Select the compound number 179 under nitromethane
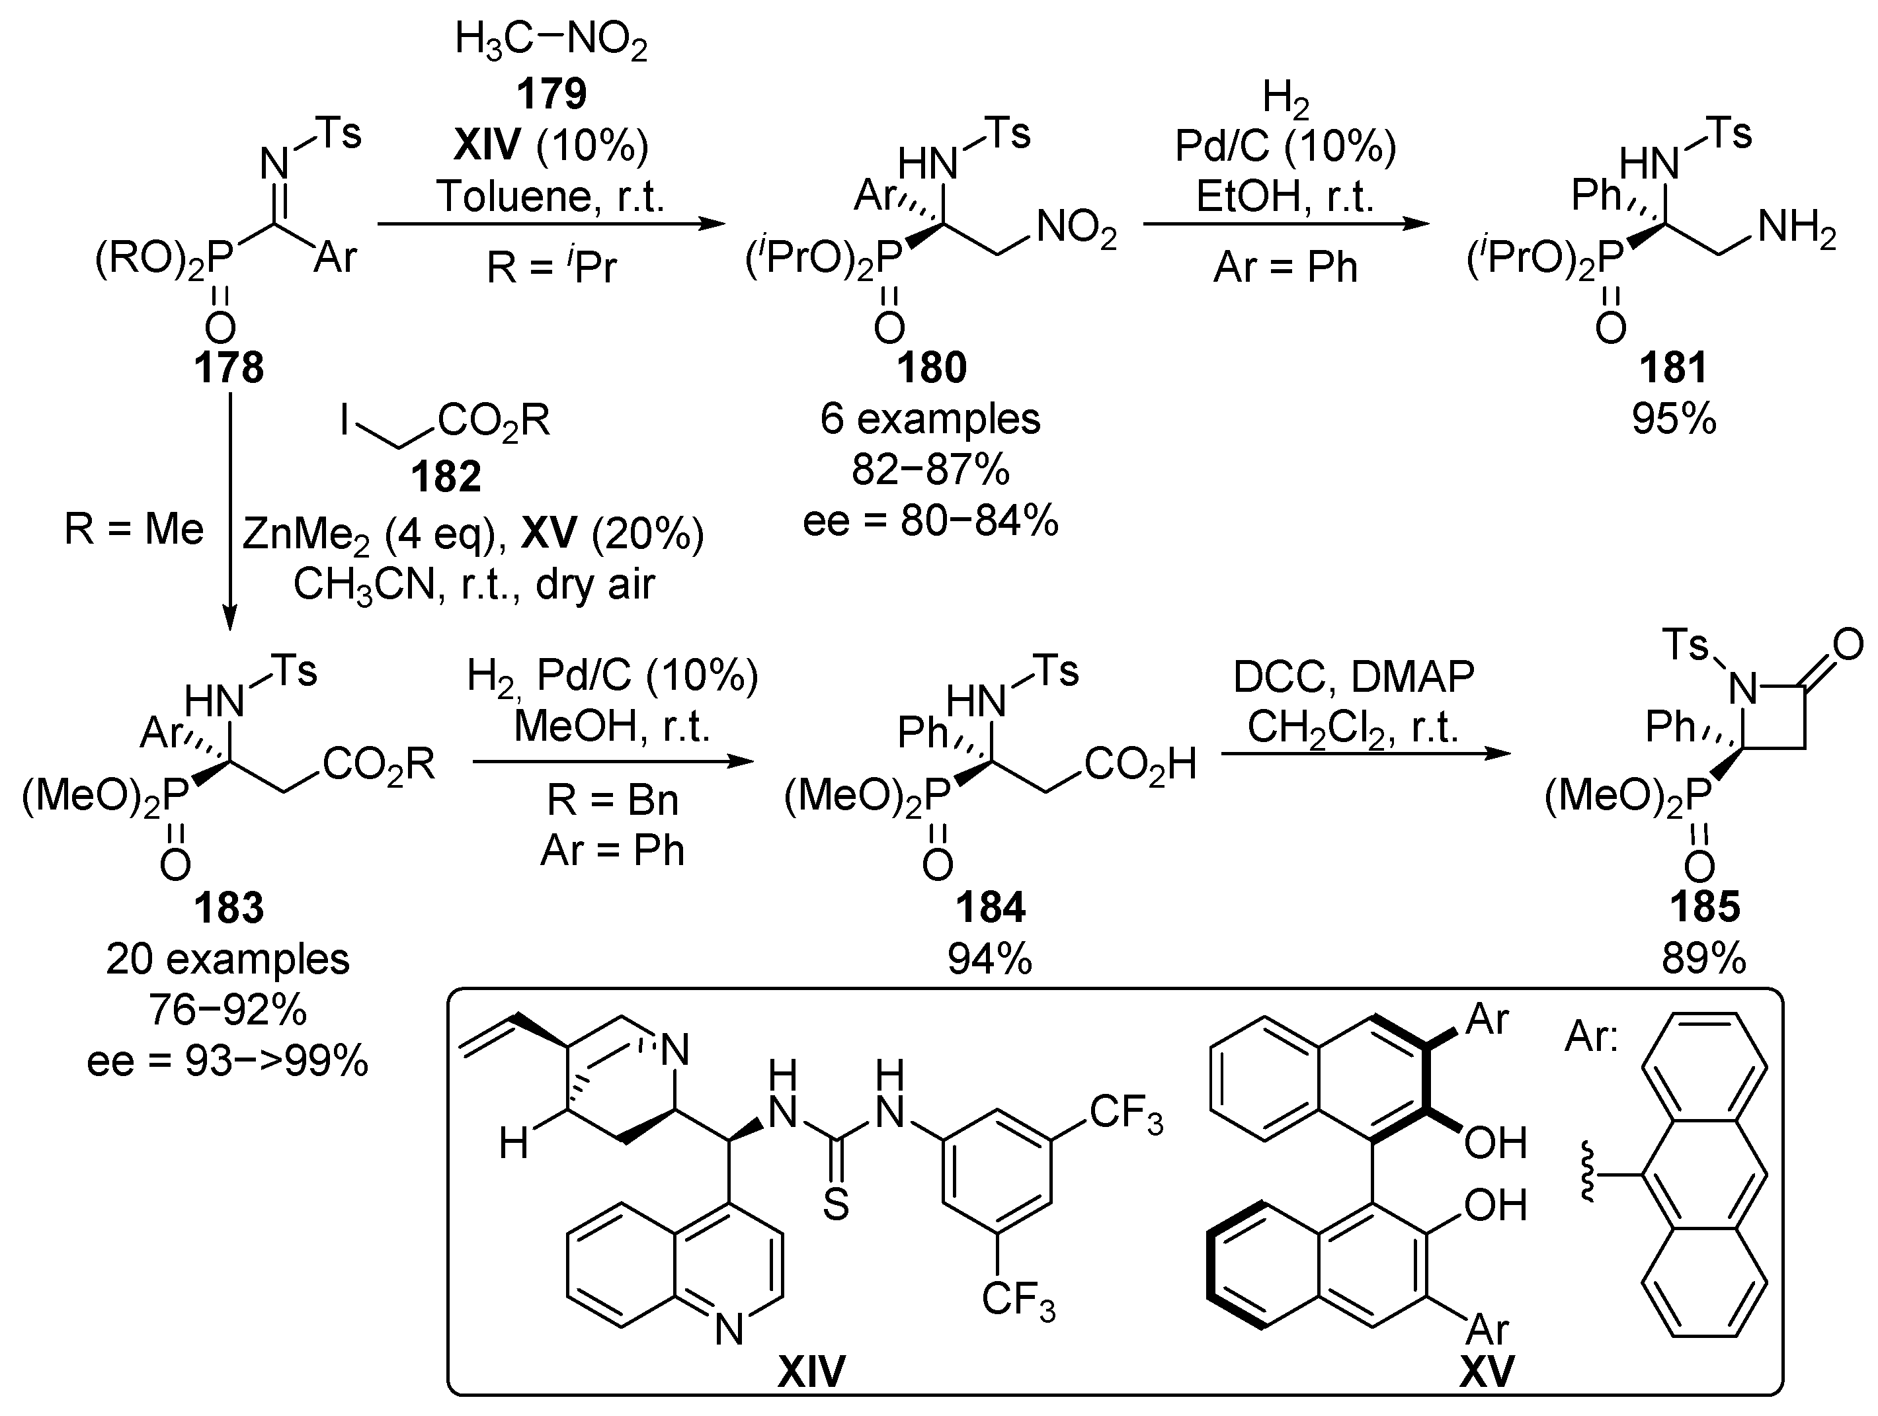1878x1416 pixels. click(x=552, y=93)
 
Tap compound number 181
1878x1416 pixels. click(x=1672, y=368)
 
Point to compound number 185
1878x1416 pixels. click(x=1705, y=907)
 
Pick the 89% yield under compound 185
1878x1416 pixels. click(x=1704, y=959)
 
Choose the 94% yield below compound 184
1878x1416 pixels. click(x=990, y=959)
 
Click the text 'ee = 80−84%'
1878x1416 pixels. click(x=930, y=521)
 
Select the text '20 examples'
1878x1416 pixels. click(x=227, y=959)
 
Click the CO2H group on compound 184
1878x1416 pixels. click(x=1140, y=765)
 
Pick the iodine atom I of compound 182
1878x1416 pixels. click(x=345, y=419)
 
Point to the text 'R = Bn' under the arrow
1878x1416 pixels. click(x=612, y=800)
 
